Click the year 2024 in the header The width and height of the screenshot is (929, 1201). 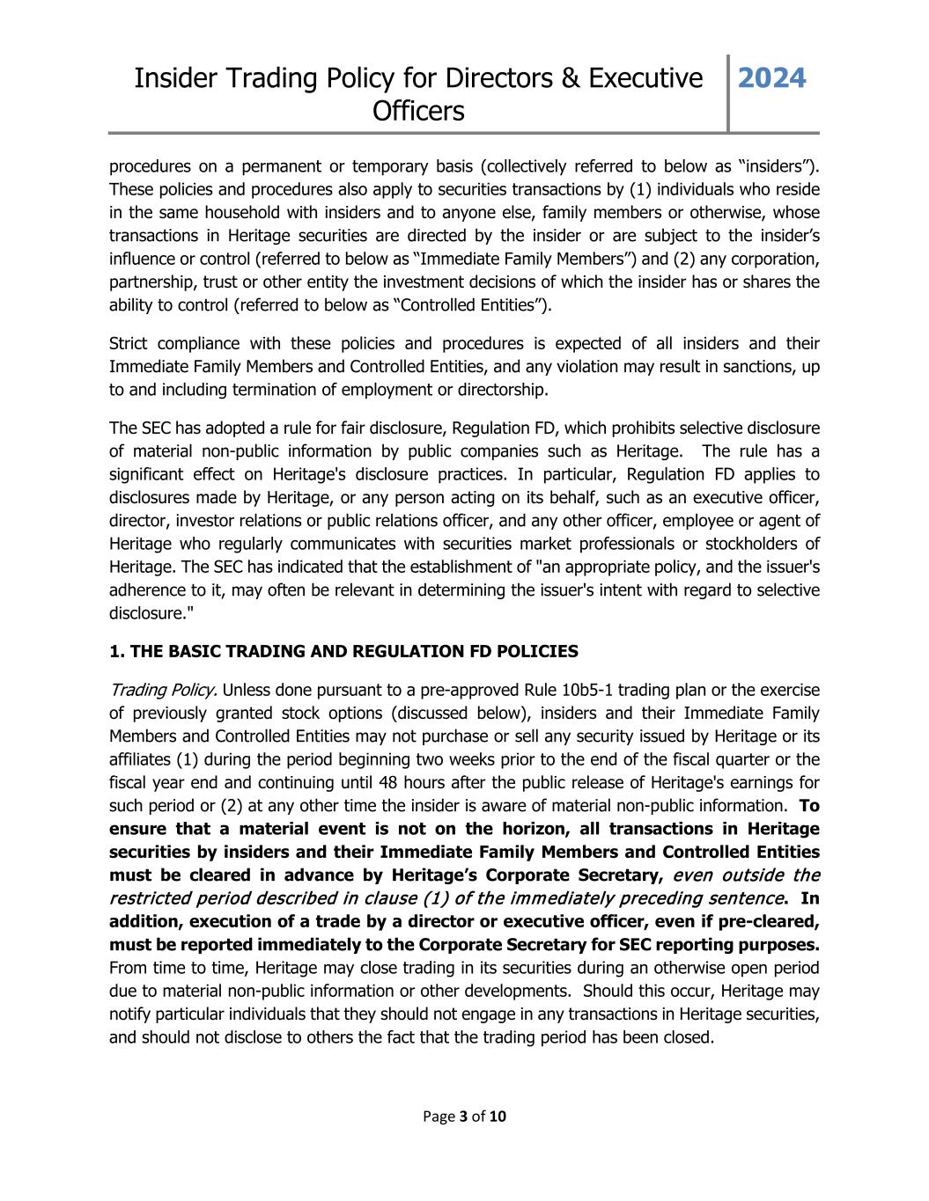tap(771, 78)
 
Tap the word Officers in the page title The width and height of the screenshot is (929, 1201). tap(418, 111)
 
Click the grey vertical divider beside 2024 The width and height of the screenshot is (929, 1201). tap(728, 93)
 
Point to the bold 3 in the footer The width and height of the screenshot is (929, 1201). tap(463, 1117)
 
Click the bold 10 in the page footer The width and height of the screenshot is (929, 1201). tap(498, 1117)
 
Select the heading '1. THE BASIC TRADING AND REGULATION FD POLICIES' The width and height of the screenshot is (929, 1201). tap(343, 651)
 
